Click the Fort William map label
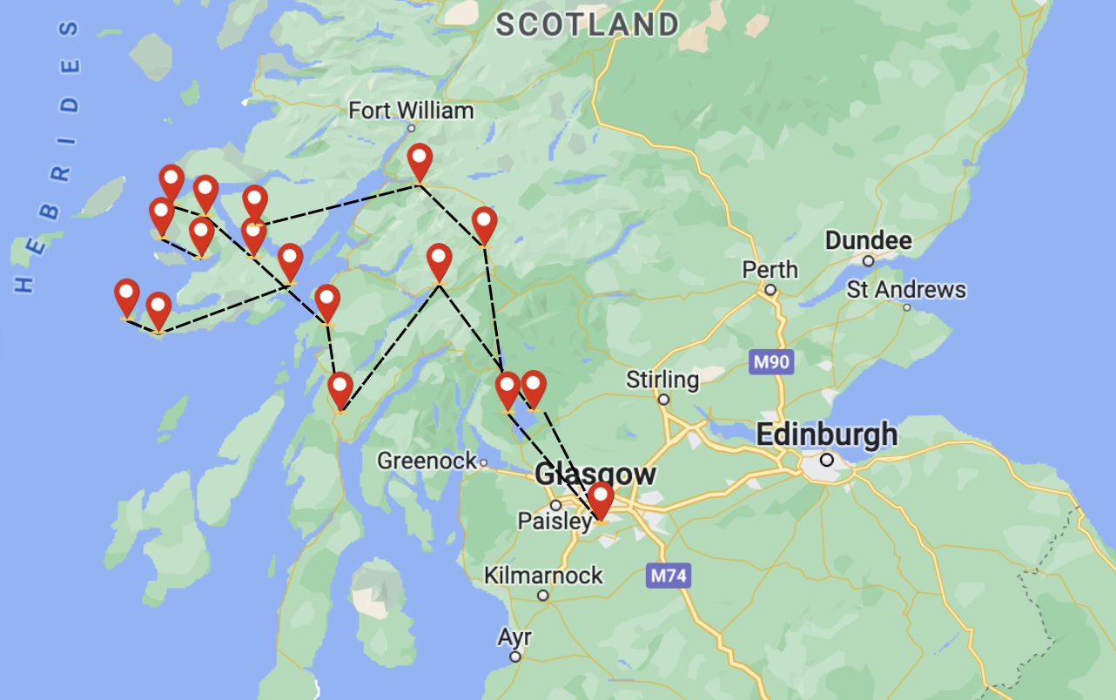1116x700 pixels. tap(411, 111)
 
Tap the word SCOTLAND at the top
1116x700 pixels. tap(588, 24)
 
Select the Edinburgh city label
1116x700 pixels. tap(826, 434)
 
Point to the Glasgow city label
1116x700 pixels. tap(595, 475)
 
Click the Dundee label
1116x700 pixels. tap(868, 240)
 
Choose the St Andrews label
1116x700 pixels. tap(906, 289)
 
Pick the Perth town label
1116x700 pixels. tap(770, 270)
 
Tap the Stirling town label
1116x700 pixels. tap(662, 380)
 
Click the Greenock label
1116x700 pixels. tap(427, 461)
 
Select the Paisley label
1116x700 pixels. tap(555, 521)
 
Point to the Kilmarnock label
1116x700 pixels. tap(543, 575)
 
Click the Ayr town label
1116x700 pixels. tap(514, 637)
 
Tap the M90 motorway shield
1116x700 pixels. tap(771, 361)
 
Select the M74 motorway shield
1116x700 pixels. tap(669, 575)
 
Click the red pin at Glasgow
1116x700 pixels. tap(600, 500)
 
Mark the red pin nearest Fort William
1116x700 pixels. tap(420, 161)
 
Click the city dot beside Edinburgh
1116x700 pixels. tap(826, 460)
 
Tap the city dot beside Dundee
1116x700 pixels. tap(868, 260)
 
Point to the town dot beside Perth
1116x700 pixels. tap(770, 290)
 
